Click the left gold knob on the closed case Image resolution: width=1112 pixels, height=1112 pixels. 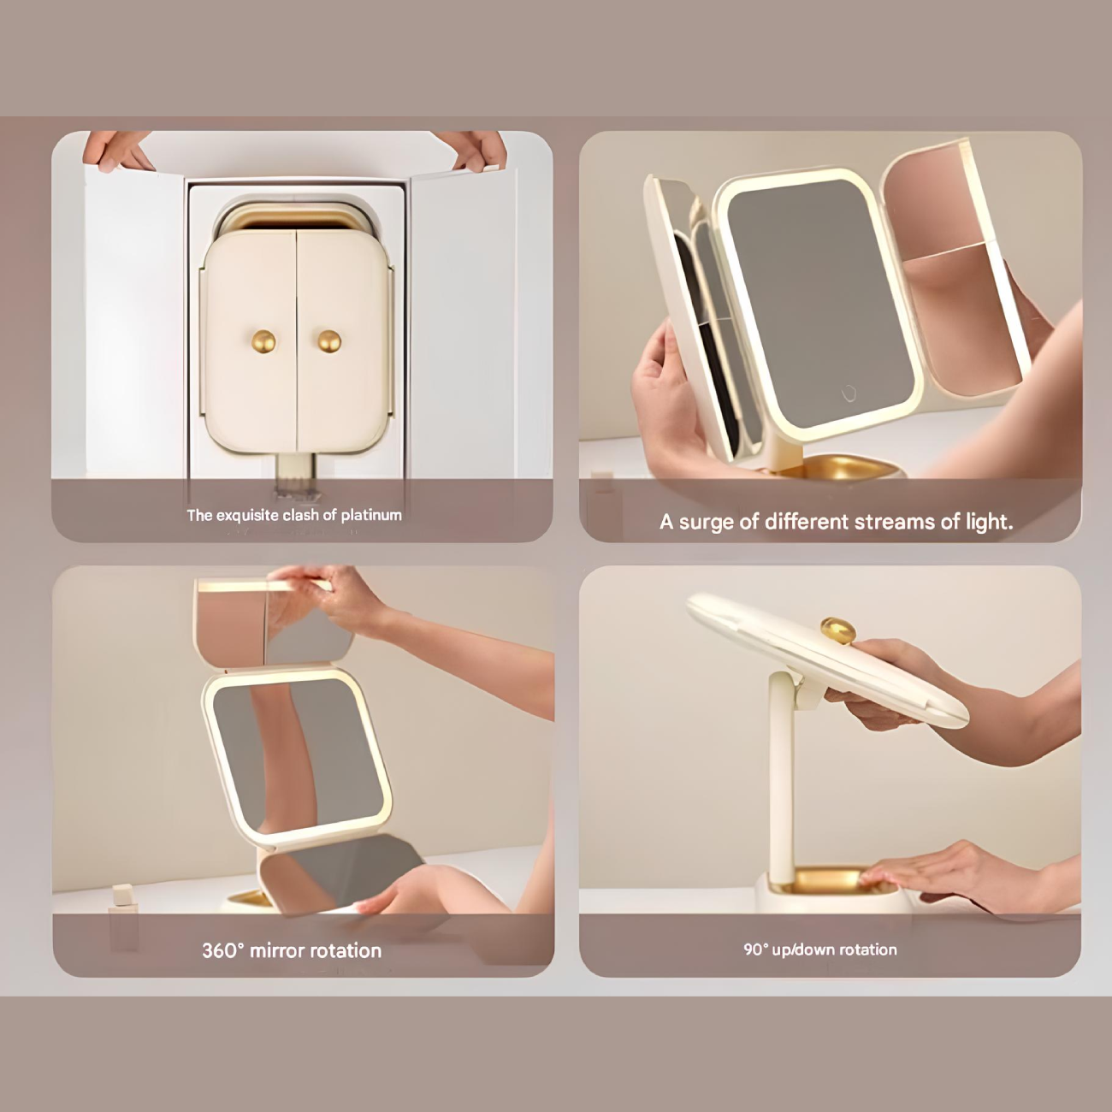tap(263, 341)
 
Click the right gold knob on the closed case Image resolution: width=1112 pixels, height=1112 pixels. tap(329, 341)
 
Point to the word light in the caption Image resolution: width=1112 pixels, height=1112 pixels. tap(989, 522)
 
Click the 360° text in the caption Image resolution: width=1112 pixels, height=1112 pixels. tap(223, 950)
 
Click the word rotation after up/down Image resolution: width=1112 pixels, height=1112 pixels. tap(867, 949)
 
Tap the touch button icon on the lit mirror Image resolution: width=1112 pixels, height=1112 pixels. tap(849, 393)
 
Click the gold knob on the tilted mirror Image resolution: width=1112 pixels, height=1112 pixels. tap(837, 630)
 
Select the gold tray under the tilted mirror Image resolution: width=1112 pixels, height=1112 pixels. tap(830, 879)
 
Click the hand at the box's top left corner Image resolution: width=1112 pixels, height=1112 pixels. tap(117, 151)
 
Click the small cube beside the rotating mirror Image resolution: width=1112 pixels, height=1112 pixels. tap(122, 895)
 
